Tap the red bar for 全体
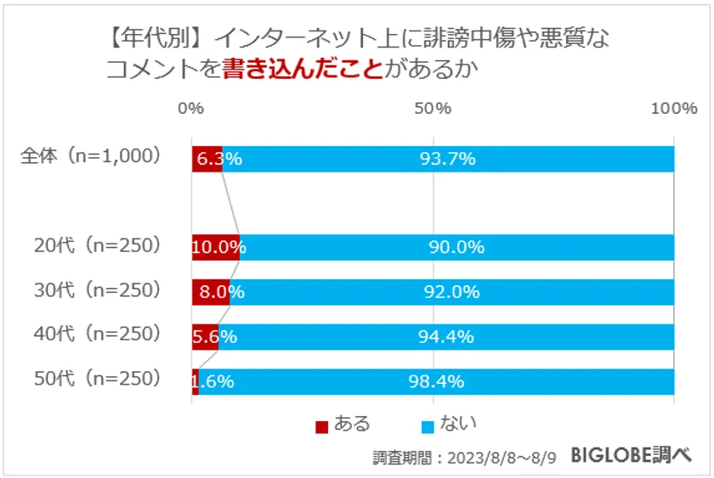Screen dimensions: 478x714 coord(207,159)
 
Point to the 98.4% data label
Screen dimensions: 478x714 coord(436,381)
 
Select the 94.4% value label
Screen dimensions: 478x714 coord(445,337)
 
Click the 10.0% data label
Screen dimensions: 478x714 coord(218,248)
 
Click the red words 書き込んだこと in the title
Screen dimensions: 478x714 coord(302,70)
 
